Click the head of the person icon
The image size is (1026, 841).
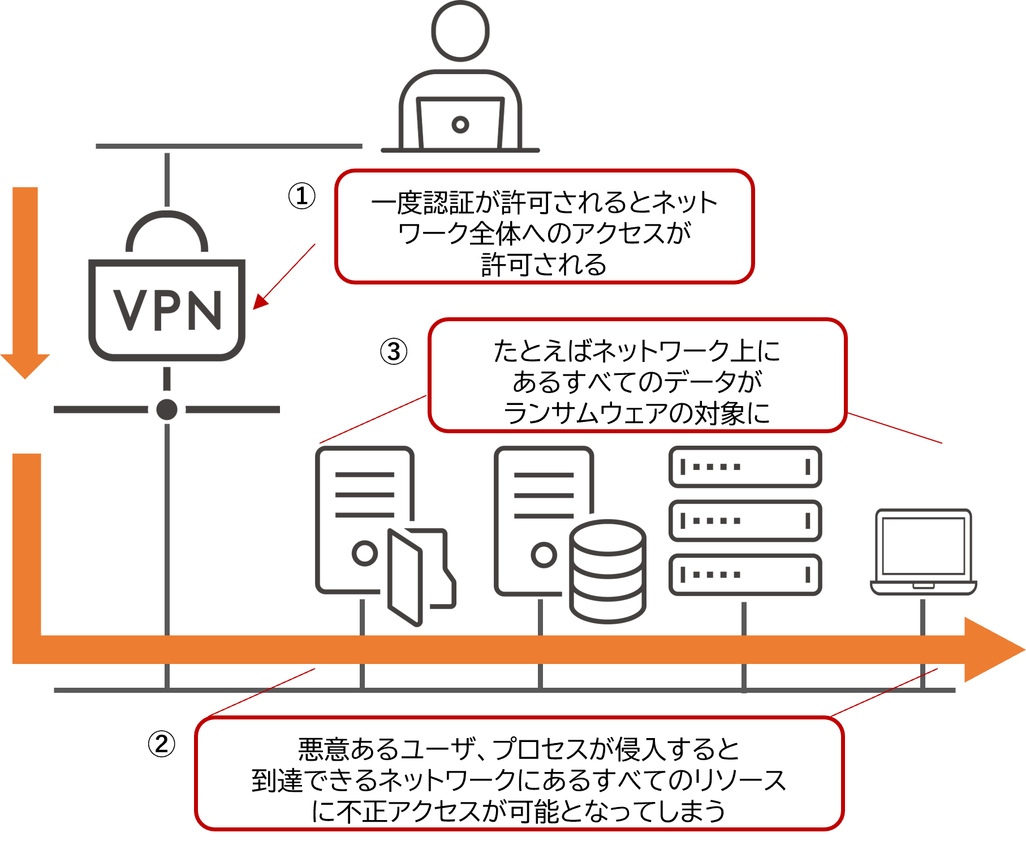coord(460,31)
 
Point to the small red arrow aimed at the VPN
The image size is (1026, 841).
coord(283,278)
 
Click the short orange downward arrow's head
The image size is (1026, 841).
coord(25,365)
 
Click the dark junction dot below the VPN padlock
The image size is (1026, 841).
coord(167,409)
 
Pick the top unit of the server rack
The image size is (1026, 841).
coord(745,467)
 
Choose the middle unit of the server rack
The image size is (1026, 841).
coord(745,521)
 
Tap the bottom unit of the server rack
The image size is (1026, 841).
coord(745,575)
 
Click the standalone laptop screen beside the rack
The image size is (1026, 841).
coord(923,546)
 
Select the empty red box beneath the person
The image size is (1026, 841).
coord(544,226)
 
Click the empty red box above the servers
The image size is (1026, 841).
coord(637,376)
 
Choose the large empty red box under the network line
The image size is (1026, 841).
coord(519,773)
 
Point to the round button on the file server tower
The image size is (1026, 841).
coord(365,553)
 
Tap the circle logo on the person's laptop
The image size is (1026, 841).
coord(460,124)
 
